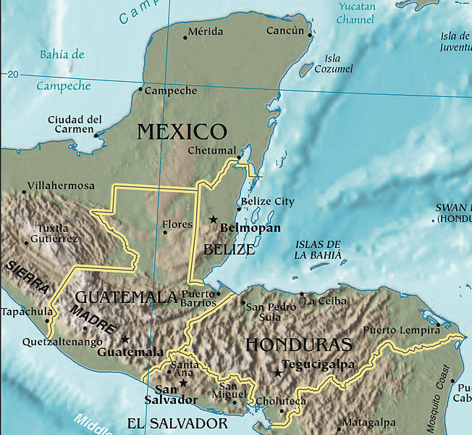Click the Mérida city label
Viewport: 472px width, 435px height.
tap(205, 32)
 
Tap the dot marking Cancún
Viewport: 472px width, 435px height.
tap(311, 35)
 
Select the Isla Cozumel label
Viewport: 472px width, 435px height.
tap(333, 64)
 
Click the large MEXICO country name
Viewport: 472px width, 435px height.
tap(182, 131)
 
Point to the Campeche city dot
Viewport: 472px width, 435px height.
tap(141, 91)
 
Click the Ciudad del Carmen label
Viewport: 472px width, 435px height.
tap(75, 124)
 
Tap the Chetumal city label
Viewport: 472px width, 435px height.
tap(211, 151)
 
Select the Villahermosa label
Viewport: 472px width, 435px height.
tap(61, 186)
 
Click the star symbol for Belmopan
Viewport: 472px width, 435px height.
tap(213, 219)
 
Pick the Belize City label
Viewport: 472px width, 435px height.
tap(267, 202)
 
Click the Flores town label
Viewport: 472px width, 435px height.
tap(177, 225)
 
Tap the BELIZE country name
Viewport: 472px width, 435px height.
tap(229, 250)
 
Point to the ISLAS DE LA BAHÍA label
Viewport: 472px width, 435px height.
tap(317, 249)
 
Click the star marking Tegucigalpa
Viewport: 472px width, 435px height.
tap(277, 373)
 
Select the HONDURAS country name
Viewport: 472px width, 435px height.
tap(298, 344)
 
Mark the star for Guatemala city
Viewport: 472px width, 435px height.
tap(125, 339)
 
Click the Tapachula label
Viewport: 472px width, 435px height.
tap(26, 312)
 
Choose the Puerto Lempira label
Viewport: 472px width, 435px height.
tap(400, 329)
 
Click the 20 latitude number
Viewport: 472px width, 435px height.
tap(12, 75)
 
